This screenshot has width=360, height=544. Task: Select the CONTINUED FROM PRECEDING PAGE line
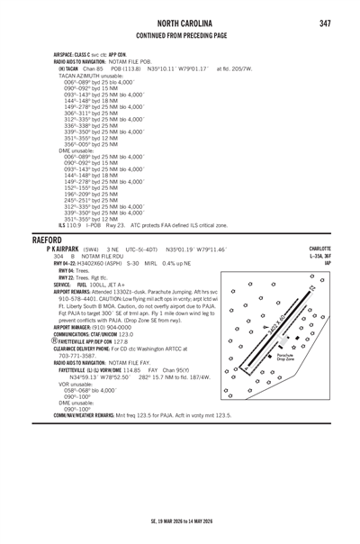179,36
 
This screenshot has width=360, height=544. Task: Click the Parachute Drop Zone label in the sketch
310,358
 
